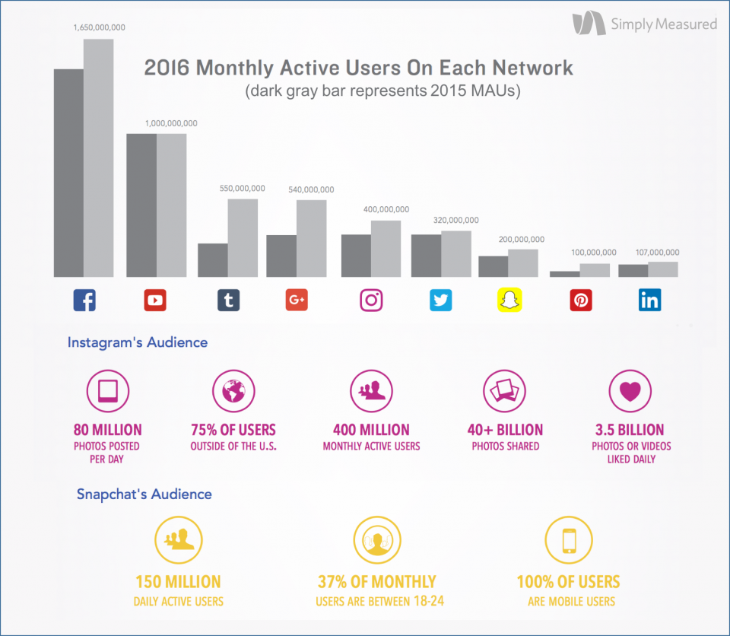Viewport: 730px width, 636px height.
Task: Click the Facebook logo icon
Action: point(84,301)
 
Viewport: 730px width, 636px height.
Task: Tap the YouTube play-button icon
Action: point(155,301)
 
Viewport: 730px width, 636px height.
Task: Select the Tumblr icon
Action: point(228,301)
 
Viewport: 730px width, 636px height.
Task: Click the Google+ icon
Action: point(297,301)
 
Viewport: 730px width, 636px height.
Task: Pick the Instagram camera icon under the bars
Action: point(371,301)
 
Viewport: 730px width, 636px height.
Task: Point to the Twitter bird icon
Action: point(440,301)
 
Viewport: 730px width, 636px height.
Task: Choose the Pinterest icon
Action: point(581,301)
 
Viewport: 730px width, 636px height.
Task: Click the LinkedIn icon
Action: point(650,301)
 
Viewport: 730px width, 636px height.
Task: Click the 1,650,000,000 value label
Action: point(99,27)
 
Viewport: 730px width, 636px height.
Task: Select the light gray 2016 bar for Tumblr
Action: point(243,238)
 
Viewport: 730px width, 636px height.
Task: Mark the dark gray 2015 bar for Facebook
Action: point(68,173)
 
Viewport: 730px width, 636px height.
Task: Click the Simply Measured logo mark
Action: point(589,24)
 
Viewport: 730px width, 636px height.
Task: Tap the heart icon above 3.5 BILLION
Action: point(631,391)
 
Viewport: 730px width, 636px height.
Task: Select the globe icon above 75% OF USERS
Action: point(233,391)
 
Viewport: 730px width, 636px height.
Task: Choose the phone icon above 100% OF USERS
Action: point(567,540)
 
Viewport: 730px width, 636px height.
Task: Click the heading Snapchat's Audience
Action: point(144,494)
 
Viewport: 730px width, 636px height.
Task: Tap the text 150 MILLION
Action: point(178,583)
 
